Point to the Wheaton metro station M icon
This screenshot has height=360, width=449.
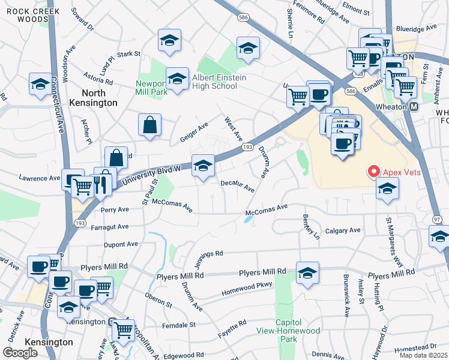(x=414, y=107)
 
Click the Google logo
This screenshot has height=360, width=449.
(x=20, y=353)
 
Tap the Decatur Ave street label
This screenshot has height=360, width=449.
(x=237, y=186)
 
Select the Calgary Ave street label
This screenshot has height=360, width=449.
(x=342, y=230)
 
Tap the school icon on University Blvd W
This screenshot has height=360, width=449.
(x=203, y=165)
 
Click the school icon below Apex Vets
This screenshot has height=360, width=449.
(x=387, y=189)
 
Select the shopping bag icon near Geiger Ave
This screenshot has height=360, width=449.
(x=149, y=125)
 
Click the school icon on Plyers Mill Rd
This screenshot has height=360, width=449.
(x=307, y=274)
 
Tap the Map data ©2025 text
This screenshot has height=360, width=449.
(x=424, y=355)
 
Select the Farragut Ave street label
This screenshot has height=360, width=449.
(x=110, y=227)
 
